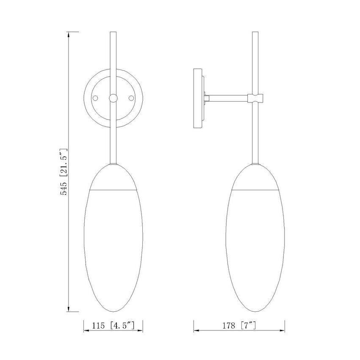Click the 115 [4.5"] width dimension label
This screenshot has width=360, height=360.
pyautogui.click(x=113, y=326)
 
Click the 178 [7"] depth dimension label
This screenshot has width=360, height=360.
pyautogui.click(x=239, y=326)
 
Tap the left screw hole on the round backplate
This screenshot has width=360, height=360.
pyautogui.click(x=96, y=98)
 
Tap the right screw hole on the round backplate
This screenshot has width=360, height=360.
pyautogui.click(x=131, y=98)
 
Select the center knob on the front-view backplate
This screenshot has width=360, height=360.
pyautogui.click(x=113, y=98)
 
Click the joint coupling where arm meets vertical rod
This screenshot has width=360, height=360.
pyautogui.click(x=255, y=98)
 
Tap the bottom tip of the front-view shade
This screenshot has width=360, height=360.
pyautogui.click(x=113, y=310)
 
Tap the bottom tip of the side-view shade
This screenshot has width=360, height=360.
pyautogui.click(x=255, y=310)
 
